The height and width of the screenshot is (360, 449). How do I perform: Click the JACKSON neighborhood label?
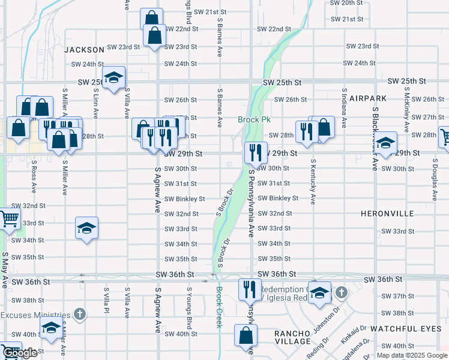pyautogui.click(x=85, y=49)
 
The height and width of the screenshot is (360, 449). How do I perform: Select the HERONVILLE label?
pyautogui.click(x=385, y=214)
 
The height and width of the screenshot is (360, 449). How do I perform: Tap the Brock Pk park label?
pyautogui.click(x=254, y=119)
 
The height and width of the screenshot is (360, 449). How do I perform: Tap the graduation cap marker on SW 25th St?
pyautogui.click(x=113, y=77)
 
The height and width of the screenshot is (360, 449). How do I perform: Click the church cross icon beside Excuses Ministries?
pyautogui.click(x=79, y=314)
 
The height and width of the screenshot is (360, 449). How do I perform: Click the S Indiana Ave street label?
pyautogui.click(x=344, y=109)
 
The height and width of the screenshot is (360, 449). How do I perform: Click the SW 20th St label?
pyautogui.click(x=348, y=3)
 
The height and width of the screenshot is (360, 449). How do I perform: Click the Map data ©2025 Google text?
pyautogui.click(x=412, y=355)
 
